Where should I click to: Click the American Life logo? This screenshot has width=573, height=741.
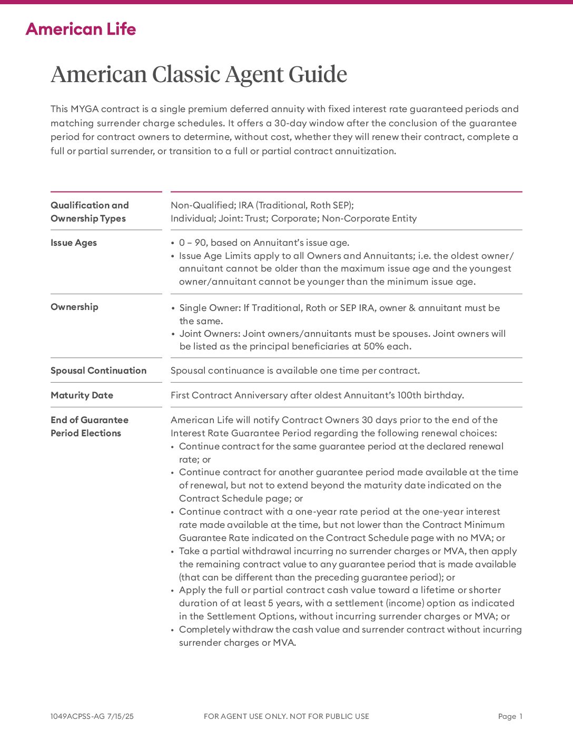point(81,29)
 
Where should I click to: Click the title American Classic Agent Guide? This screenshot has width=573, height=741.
point(199,74)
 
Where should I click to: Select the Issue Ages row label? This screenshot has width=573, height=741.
point(74,243)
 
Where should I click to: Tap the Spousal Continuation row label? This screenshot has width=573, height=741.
point(98,370)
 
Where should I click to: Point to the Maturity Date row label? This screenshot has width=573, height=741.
point(82,395)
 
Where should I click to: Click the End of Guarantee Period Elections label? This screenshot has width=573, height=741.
point(89,426)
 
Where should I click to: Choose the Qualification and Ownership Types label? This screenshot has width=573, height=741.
point(90,212)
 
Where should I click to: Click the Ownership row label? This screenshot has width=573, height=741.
point(74,307)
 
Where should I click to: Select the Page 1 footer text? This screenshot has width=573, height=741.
point(510,716)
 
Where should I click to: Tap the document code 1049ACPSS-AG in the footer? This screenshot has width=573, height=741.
point(77,716)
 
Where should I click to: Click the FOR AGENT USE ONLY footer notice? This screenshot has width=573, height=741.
point(286,716)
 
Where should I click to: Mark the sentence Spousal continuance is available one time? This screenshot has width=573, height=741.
point(295,370)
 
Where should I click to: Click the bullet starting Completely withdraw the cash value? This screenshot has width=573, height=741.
point(350,636)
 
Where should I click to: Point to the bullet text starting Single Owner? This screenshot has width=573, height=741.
point(340,314)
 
